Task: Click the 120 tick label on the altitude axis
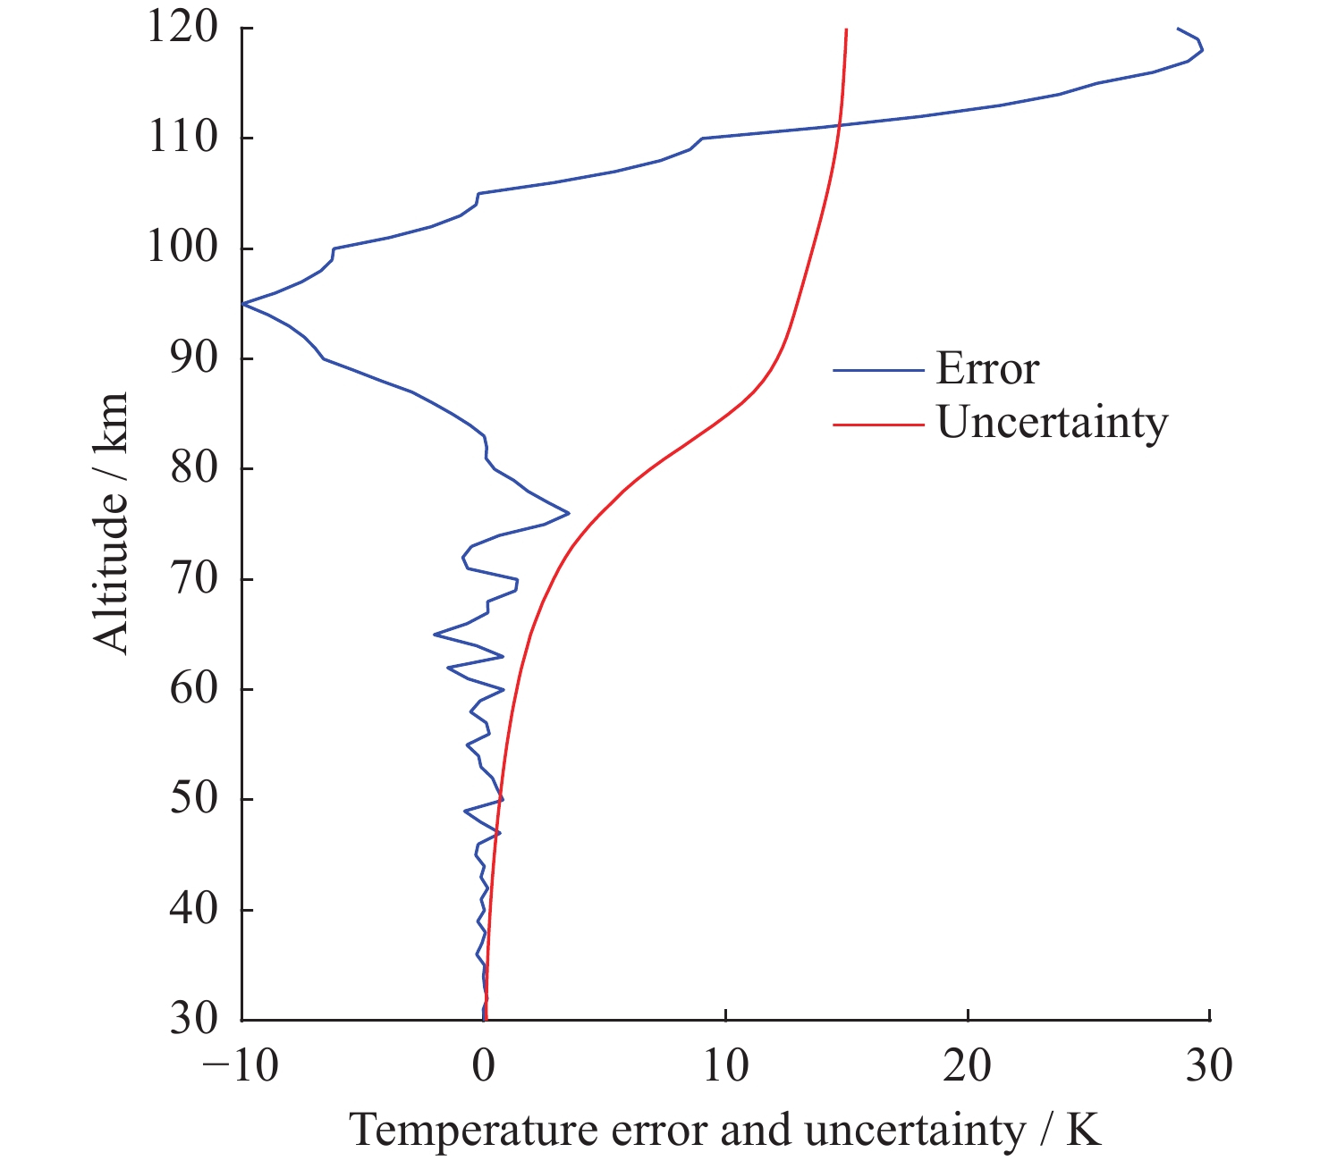pyautogui.click(x=182, y=28)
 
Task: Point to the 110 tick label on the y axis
pyautogui.click(x=182, y=138)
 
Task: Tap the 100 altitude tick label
pyautogui.click(x=182, y=248)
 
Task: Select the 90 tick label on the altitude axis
pyautogui.click(x=194, y=358)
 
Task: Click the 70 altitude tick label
pyautogui.click(x=194, y=579)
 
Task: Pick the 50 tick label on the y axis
pyautogui.click(x=194, y=799)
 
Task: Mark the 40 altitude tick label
pyautogui.click(x=194, y=910)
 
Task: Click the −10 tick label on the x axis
pyautogui.click(x=241, y=1066)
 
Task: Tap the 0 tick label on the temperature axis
pyautogui.click(x=484, y=1066)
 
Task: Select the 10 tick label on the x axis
pyautogui.click(x=725, y=1066)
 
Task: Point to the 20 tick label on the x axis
pyautogui.click(x=968, y=1066)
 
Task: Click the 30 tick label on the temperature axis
pyautogui.click(x=1209, y=1066)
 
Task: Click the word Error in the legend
pyautogui.click(x=987, y=369)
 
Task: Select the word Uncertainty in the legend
pyautogui.click(x=1052, y=422)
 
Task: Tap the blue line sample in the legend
pyautogui.click(x=877, y=370)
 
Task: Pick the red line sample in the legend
pyautogui.click(x=877, y=424)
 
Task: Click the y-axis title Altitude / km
pyautogui.click(x=112, y=523)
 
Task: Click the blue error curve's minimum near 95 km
pyautogui.click(x=243, y=304)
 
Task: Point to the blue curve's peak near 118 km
pyautogui.click(x=1202, y=50)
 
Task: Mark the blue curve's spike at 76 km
pyautogui.click(x=568, y=513)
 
